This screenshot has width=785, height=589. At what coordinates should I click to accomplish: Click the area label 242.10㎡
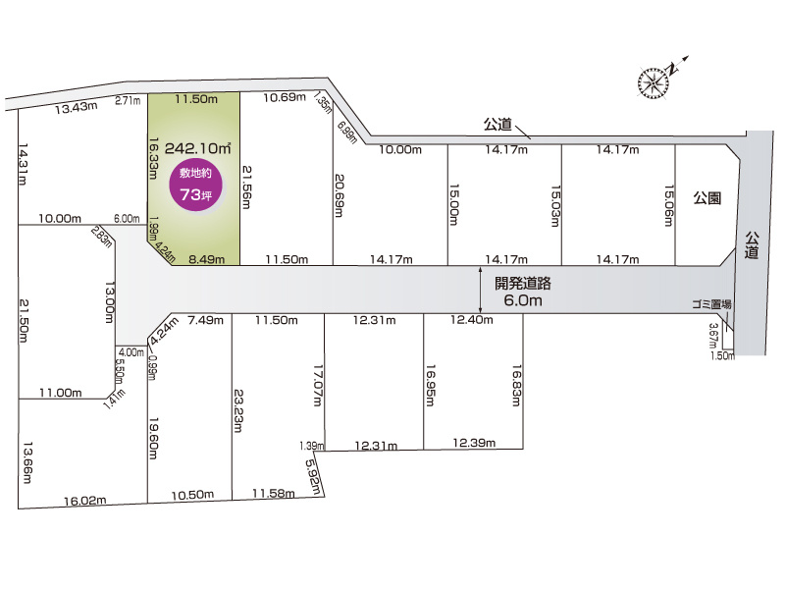[x=198, y=148]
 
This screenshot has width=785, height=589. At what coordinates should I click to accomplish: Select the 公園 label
[x=707, y=197]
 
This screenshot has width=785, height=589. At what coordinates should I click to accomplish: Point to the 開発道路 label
[x=523, y=282]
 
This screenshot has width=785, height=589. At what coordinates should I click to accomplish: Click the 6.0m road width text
[x=523, y=300]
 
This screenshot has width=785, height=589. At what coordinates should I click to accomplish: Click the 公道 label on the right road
[x=752, y=244]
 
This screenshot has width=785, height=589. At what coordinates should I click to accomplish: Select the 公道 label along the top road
[x=497, y=125]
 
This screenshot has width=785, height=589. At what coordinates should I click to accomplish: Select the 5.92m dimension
[x=314, y=477]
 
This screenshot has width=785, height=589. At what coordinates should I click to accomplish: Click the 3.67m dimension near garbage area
[x=713, y=337]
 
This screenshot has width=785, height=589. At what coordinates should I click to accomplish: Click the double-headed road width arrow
[x=480, y=291]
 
